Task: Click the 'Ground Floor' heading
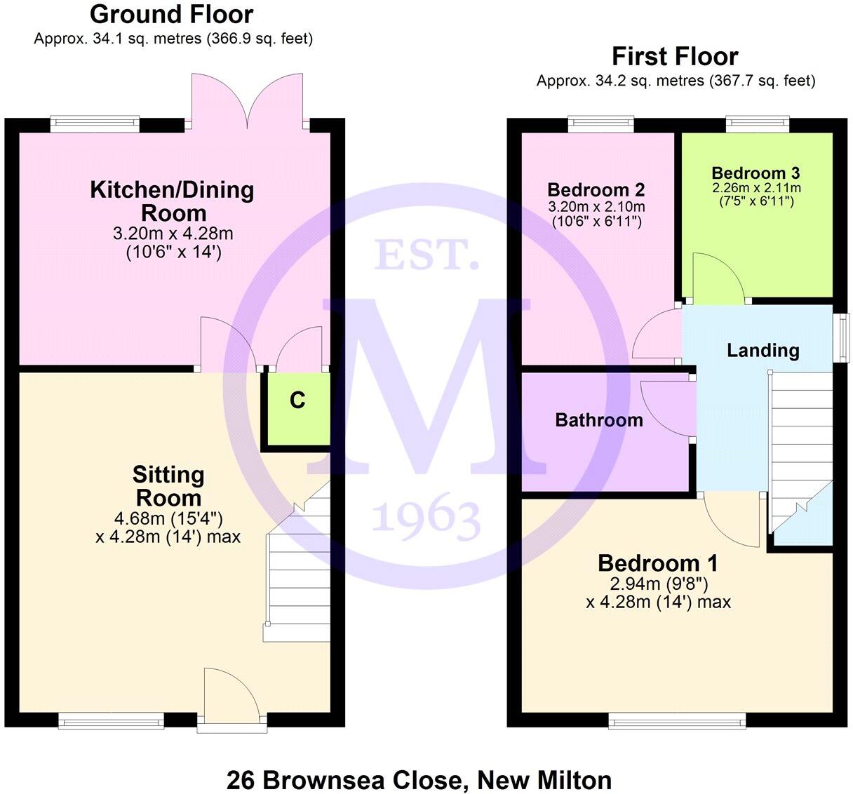[x=172, y=14]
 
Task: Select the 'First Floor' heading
[x=676, y=56]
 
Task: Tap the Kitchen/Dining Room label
[x=173, y=201]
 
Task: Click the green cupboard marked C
[x=297, y=410]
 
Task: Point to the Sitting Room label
[x=168, y=486]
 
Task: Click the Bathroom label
[x=599, y=420]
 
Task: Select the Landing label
[x=763, y=350]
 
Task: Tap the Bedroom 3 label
[x=755, y=173]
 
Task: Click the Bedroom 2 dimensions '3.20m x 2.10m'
[x=596, y=207]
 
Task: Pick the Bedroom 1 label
[x=657, y=563]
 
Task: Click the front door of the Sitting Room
[x=231, y=694]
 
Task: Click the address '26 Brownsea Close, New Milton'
[x=419, y=779]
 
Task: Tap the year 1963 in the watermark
[x=426, y=518]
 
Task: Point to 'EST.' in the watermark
[x=426, y=255]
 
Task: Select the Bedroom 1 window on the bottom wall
[x=677, y=720]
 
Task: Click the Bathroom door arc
[x=666, y=407]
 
